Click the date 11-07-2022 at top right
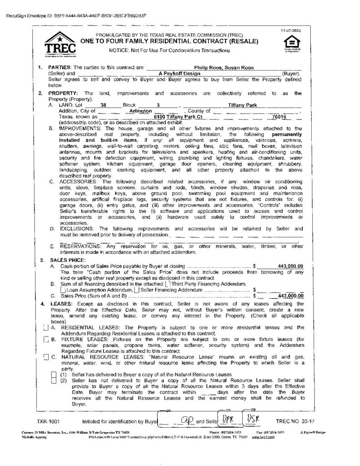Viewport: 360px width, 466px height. click(288, 30)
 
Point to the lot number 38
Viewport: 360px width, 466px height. click(103, 105)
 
